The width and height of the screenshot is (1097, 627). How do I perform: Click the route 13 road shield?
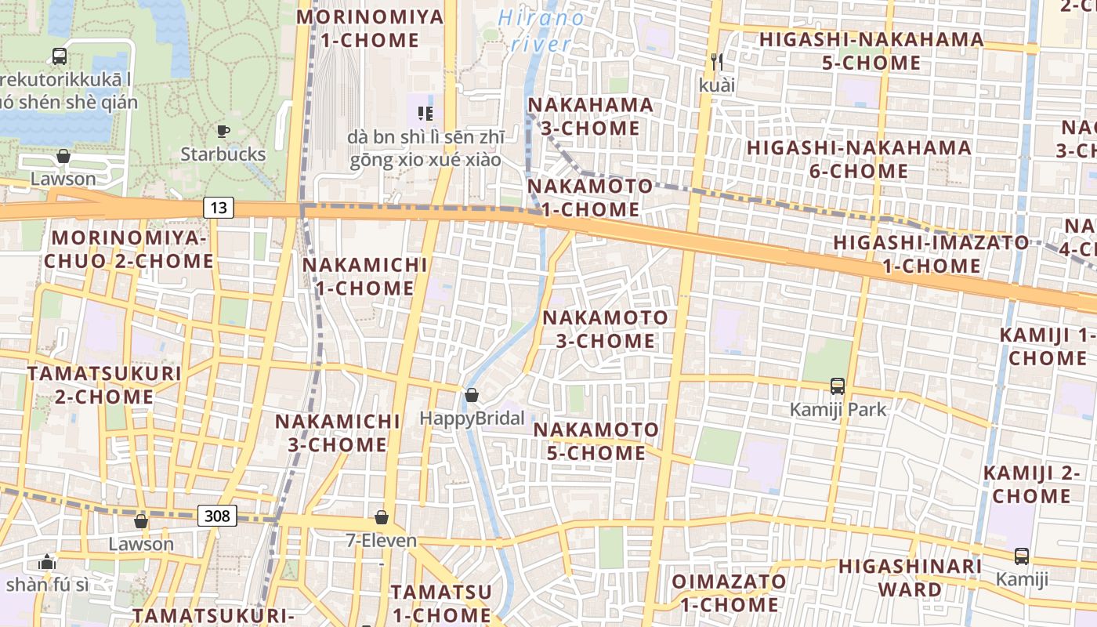click(219, 208)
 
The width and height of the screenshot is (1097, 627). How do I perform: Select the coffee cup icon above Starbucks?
click(223, 132)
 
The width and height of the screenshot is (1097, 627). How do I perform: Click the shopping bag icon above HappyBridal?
click(472, 395)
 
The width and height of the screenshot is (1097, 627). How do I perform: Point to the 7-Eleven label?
click(382, 541)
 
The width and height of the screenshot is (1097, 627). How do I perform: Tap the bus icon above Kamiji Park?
click(838, 386)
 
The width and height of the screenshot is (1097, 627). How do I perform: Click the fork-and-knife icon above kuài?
click(715, 61)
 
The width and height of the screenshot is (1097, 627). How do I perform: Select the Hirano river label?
click(541, 31)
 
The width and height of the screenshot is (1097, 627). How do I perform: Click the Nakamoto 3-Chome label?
click(606, 329)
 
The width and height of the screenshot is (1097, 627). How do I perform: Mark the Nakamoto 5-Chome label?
click(596, 441)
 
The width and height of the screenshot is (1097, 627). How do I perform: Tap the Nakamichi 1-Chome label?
click(365, 277)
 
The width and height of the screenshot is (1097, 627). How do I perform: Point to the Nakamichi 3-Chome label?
click(338, 433)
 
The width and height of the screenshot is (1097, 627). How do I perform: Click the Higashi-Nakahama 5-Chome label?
click(871, 51)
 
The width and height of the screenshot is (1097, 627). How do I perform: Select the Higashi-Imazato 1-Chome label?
click(931, 254)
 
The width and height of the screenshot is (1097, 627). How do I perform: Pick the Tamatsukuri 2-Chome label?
click(104, 385)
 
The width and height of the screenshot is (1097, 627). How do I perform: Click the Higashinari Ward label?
click(910, 578)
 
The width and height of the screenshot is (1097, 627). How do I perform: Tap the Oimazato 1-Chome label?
click(729, 593)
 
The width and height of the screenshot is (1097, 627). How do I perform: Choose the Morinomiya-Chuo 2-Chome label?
click(129, 249)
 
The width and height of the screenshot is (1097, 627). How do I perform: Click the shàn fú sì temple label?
click(47, 585)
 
